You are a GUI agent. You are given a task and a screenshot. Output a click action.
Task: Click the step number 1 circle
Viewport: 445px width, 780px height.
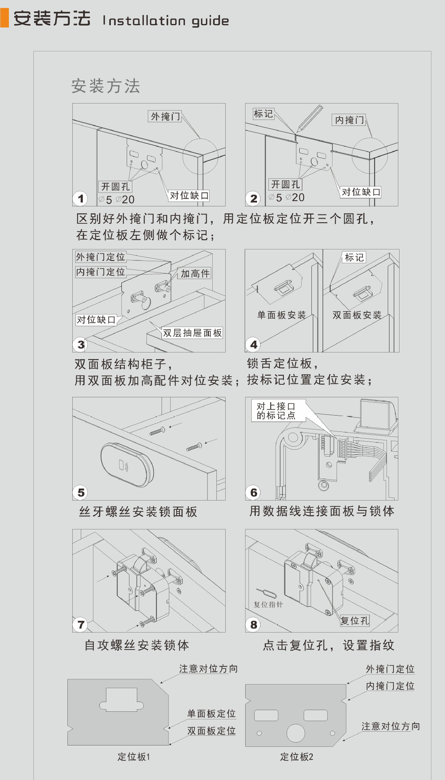click(80, 199)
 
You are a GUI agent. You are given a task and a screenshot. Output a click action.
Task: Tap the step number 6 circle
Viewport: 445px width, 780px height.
click(253, 493)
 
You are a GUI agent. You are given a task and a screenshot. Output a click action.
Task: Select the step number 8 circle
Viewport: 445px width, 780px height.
click(253, 625)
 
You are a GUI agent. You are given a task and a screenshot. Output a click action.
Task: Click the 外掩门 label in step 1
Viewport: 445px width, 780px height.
click(165, 117)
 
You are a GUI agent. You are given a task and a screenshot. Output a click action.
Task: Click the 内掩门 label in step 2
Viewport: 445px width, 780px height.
click(349, 120)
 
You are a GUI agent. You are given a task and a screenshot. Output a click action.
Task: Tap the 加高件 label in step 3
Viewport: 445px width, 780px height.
click(195, 273)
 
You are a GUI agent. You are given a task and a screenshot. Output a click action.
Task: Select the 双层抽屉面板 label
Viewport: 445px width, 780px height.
click(192, 333)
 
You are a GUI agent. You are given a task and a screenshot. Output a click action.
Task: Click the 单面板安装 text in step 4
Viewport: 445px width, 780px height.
click(281, 315)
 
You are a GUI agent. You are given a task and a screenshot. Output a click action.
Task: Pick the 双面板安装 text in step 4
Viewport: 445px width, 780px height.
click(357, 315)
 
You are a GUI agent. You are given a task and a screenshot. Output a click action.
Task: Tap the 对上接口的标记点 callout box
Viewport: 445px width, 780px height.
click(276, 411)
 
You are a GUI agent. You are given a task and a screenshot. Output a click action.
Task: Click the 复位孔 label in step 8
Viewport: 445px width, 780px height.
click(354, 621)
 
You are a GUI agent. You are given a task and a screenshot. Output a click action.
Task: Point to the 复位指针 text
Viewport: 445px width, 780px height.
click(268, 604)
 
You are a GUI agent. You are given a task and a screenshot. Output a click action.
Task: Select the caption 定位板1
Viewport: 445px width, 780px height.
click(134, 757)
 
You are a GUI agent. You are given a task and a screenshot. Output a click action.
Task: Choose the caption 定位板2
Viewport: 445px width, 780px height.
click(296, 757)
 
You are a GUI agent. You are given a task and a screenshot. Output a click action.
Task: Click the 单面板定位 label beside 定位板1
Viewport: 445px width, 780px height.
click(211, 714)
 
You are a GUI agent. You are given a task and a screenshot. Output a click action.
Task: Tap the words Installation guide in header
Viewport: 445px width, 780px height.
click(166, 20)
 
